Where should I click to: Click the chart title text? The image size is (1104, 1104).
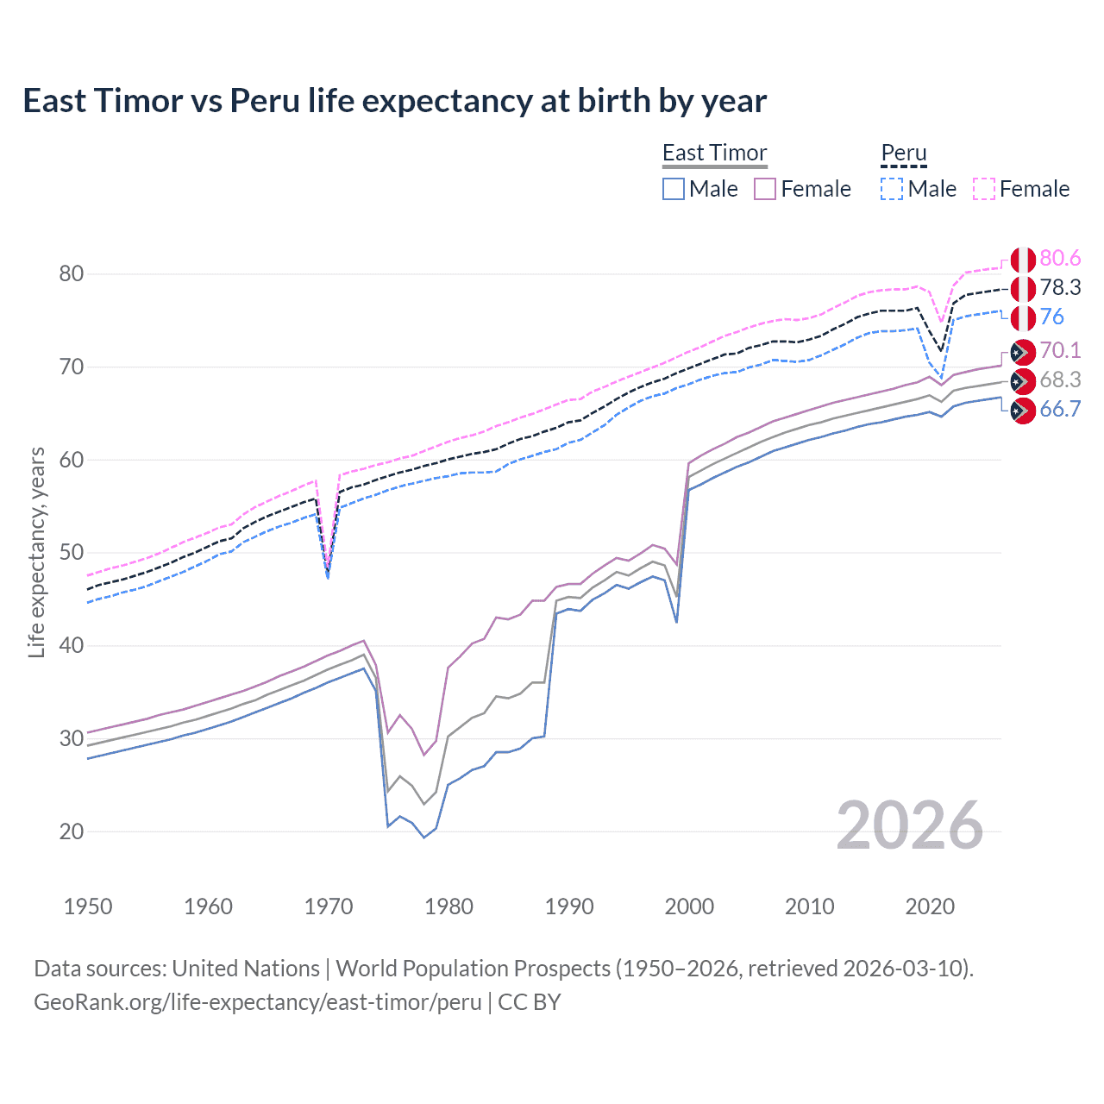point(394,101)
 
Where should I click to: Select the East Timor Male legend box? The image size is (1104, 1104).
point(674,189)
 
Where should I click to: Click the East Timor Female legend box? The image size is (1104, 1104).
point(765,189)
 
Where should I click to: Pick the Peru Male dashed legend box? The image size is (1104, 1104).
point(892,189)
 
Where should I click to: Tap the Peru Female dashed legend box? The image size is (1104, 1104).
point(984,189)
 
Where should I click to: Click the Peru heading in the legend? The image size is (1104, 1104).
point(903,153)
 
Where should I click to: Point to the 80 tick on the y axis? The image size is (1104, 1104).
point(72,274)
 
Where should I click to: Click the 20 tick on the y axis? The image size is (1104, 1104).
point(72,831)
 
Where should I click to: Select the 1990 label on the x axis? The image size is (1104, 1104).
point(569,906)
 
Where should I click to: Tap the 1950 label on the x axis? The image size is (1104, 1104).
point(88,906)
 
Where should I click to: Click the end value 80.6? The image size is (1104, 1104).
point(1060,259)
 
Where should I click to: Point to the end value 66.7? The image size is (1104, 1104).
point(1060,410)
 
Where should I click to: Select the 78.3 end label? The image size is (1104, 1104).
point(1060,288)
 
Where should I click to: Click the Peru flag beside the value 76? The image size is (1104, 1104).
point(1023,318)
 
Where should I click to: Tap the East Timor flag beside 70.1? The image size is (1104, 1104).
point(1023,352)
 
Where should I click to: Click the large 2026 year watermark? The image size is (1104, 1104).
point(910,826)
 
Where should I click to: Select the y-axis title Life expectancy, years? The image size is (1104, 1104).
point(36,552)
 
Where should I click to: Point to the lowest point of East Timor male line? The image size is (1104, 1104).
point(423,837)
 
